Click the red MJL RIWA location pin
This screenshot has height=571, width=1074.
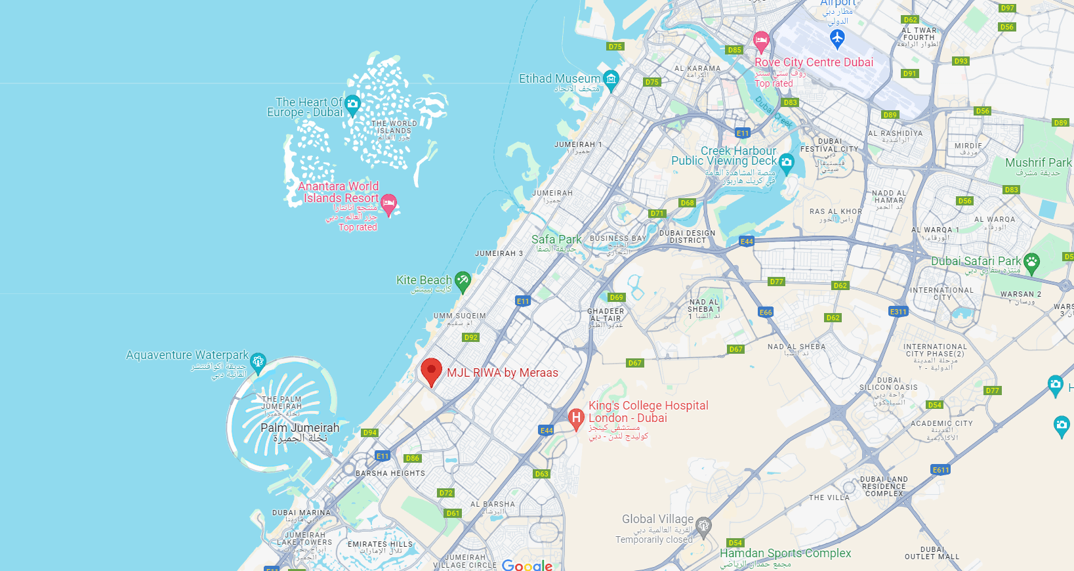pos(431,371)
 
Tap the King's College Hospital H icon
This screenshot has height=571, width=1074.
pos(576,417)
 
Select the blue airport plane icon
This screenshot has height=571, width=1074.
pos(837,38)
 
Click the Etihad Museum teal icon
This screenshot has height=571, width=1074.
pos(611,79)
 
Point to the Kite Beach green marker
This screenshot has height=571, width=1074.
pos(463,281)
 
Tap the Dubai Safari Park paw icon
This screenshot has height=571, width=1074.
pos(1031,263)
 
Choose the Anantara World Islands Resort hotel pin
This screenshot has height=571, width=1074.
pos(388,203)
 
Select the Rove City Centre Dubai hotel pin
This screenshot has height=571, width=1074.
pos(761,41)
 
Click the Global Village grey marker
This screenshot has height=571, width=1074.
pos(703,525)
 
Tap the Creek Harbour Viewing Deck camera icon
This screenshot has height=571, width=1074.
pos(787,161)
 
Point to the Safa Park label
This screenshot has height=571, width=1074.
pos(556,240)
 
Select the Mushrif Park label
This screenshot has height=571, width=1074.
pos(1038,163)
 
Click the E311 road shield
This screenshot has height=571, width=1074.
pos(898,312)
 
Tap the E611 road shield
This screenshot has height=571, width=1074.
pos(941,470)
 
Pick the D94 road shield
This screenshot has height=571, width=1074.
pos(370,433)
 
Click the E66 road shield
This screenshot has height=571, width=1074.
pos(766,312)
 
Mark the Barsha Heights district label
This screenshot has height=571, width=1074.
pos(390,473)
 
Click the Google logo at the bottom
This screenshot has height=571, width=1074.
pos(527,565)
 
